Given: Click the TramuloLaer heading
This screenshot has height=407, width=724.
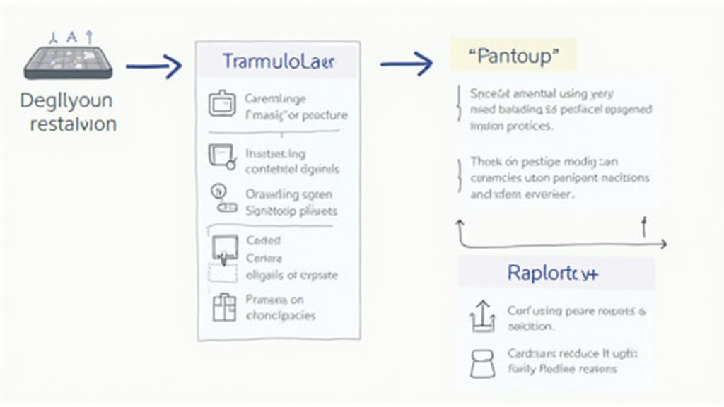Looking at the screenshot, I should [279, 61].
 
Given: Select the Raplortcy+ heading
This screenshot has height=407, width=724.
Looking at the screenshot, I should [552, 273].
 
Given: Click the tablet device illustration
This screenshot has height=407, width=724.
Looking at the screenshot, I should [68, 59].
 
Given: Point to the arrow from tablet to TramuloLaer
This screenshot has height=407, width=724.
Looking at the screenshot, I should [153, 67].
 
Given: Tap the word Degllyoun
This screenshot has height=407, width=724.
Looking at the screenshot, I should [66, 100].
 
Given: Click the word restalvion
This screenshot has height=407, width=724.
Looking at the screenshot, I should [73, 124].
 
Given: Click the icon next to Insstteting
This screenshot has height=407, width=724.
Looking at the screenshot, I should [221, 155].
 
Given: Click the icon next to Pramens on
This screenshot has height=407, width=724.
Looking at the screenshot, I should [223, 306].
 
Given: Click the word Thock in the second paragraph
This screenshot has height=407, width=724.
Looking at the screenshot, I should [485, 162].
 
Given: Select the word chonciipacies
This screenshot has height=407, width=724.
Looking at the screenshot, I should [281, 315].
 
